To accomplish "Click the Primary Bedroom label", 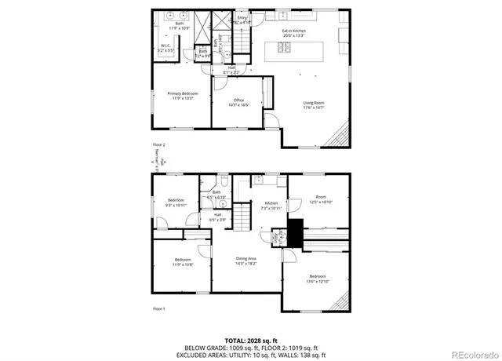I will coord(182,96).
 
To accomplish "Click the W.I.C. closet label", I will coord(166,48).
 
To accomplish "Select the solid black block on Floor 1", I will coord(295,232).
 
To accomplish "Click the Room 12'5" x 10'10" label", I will coord(321,199).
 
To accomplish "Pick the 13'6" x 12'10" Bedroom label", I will coord(318,279).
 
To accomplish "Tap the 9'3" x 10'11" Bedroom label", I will coord(176,202).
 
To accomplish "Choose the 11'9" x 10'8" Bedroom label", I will coord(183,262).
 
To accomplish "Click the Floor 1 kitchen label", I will coord(271,206).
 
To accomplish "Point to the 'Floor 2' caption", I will coord(160,145).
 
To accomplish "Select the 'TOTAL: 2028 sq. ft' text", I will coord(251,340).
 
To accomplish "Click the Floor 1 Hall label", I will coord(217,217).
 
